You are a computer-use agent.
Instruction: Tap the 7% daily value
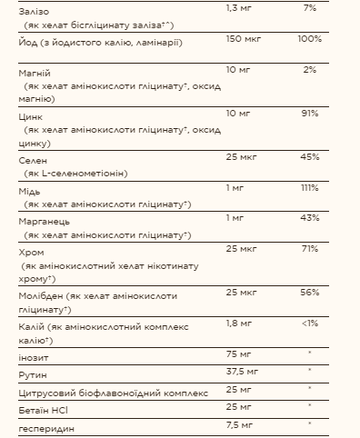point(311,7)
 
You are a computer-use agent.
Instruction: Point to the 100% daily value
point(308,41)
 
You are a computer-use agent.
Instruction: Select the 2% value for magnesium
point(311,70)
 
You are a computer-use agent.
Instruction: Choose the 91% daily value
point(310,114)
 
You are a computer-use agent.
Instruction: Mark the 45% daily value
point(309,158)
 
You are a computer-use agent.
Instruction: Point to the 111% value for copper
point(309,187)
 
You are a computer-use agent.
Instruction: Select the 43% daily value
point(309,219)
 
